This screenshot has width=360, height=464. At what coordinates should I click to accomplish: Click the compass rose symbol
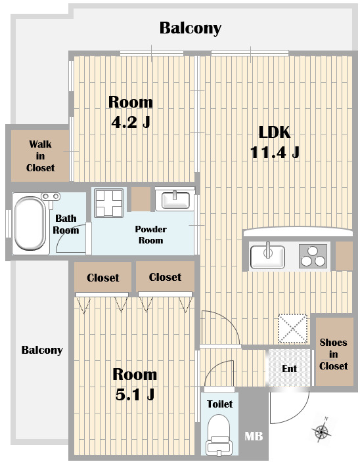pos(321,430)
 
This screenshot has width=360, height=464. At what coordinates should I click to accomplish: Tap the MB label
pos(254,436)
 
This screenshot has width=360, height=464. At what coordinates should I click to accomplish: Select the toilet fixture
pos(219,434)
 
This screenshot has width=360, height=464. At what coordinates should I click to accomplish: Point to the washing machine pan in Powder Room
pos(109,203)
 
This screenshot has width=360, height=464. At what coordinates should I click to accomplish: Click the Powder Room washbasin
pos(175,200)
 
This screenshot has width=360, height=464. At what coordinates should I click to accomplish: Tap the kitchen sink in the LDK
pos(267,256)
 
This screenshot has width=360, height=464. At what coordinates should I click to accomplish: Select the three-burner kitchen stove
pos(313,256)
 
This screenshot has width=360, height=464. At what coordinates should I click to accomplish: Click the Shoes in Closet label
pos(333,354)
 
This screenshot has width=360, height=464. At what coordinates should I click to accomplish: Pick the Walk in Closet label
pos(40,156)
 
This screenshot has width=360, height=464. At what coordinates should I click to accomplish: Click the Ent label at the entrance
pos(289,368)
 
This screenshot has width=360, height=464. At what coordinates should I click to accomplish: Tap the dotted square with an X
pos(292,329)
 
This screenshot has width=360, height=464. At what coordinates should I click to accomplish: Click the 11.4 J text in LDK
pos(275,153)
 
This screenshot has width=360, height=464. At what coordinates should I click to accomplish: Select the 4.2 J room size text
pos(131,122)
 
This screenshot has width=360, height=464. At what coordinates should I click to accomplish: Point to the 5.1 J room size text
pos(135,394)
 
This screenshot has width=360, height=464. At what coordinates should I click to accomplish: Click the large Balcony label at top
pos(191,28)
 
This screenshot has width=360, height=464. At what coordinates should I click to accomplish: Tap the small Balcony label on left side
pos(42,350)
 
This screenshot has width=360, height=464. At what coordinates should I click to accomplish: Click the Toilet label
pos(219,404)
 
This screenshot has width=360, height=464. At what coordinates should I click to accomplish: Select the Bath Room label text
pos(66,224)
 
